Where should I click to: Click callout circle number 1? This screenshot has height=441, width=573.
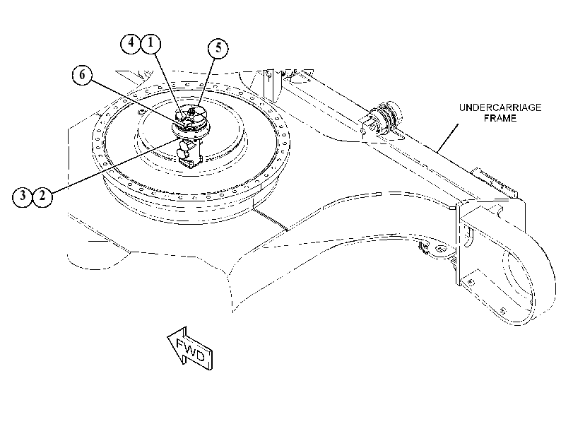150,44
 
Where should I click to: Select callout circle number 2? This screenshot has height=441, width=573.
42,196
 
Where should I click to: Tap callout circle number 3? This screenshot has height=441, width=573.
23,196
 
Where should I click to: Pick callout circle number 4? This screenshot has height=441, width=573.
131,44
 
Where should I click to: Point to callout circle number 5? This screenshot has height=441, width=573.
218,48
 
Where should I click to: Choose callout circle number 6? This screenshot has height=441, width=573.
82,76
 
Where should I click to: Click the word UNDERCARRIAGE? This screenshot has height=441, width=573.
500,107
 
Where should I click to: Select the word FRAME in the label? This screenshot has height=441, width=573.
500,118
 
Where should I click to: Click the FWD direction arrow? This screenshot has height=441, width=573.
189,348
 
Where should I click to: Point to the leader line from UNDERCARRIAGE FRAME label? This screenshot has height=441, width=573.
448,138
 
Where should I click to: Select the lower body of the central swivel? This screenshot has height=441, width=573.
189,153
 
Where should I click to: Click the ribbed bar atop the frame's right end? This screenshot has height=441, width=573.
495,181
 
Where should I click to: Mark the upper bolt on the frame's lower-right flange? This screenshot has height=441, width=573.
471,282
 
